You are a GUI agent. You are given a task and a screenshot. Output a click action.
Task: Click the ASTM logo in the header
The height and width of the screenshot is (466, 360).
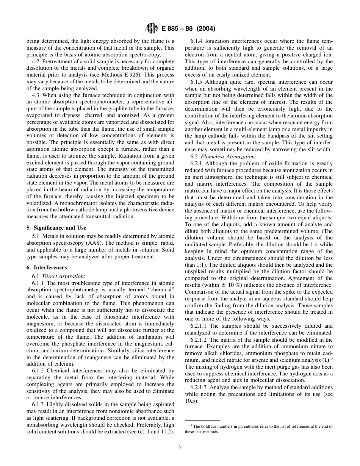[x=152, y=29]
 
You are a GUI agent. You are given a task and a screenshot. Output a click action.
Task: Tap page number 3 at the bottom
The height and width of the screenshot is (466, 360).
[x=180, y=447]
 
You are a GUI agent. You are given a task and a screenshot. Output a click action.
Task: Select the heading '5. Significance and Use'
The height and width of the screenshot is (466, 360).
[x=56, y=228]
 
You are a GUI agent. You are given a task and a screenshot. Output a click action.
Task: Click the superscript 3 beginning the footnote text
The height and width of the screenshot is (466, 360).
[x=191, y=425]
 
